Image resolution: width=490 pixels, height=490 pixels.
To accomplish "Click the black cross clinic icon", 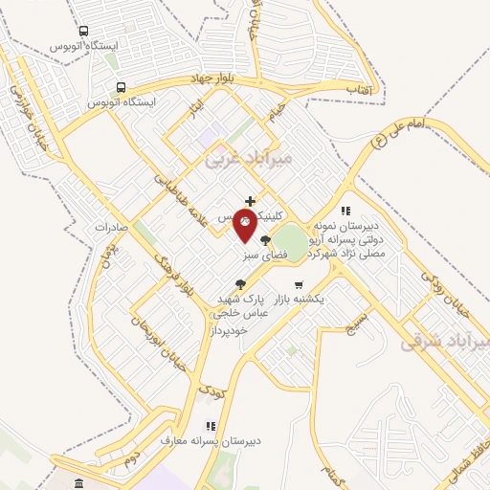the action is coord(250,200).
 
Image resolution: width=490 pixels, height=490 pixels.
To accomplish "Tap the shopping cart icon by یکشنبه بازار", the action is coord(299,284).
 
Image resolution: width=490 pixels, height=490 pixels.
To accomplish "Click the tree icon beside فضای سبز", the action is coord(264,241).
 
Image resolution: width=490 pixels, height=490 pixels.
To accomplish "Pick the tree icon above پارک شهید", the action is coord(239,283).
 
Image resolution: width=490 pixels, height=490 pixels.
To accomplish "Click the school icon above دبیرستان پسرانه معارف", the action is coord(209,427).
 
